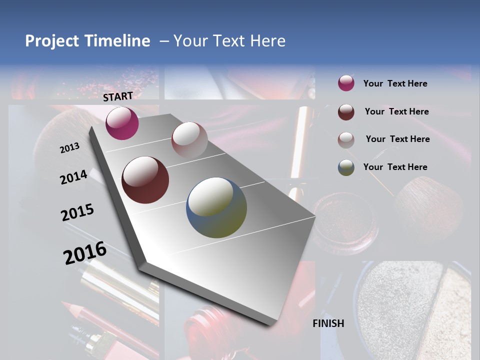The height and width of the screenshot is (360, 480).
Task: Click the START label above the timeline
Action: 118,96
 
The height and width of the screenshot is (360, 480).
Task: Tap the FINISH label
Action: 328,323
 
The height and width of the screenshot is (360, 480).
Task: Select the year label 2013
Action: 69,147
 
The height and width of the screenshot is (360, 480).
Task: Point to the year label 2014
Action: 73,177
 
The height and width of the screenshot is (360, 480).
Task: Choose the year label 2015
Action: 77,212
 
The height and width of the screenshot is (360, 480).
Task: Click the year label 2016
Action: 85,253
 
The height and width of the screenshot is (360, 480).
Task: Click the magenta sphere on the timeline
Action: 122,123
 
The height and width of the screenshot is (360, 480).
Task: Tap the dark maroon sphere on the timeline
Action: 145,180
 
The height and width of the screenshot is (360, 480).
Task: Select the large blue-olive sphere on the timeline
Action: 216,207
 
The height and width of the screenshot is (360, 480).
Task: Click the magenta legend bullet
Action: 346,83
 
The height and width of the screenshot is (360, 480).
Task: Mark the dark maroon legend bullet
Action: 346,111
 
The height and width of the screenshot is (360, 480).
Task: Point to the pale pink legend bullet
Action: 346,139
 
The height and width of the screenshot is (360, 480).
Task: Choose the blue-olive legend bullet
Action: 346,167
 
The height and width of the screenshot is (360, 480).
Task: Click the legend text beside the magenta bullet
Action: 395,83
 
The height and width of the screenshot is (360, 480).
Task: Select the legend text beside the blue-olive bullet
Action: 395,167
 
